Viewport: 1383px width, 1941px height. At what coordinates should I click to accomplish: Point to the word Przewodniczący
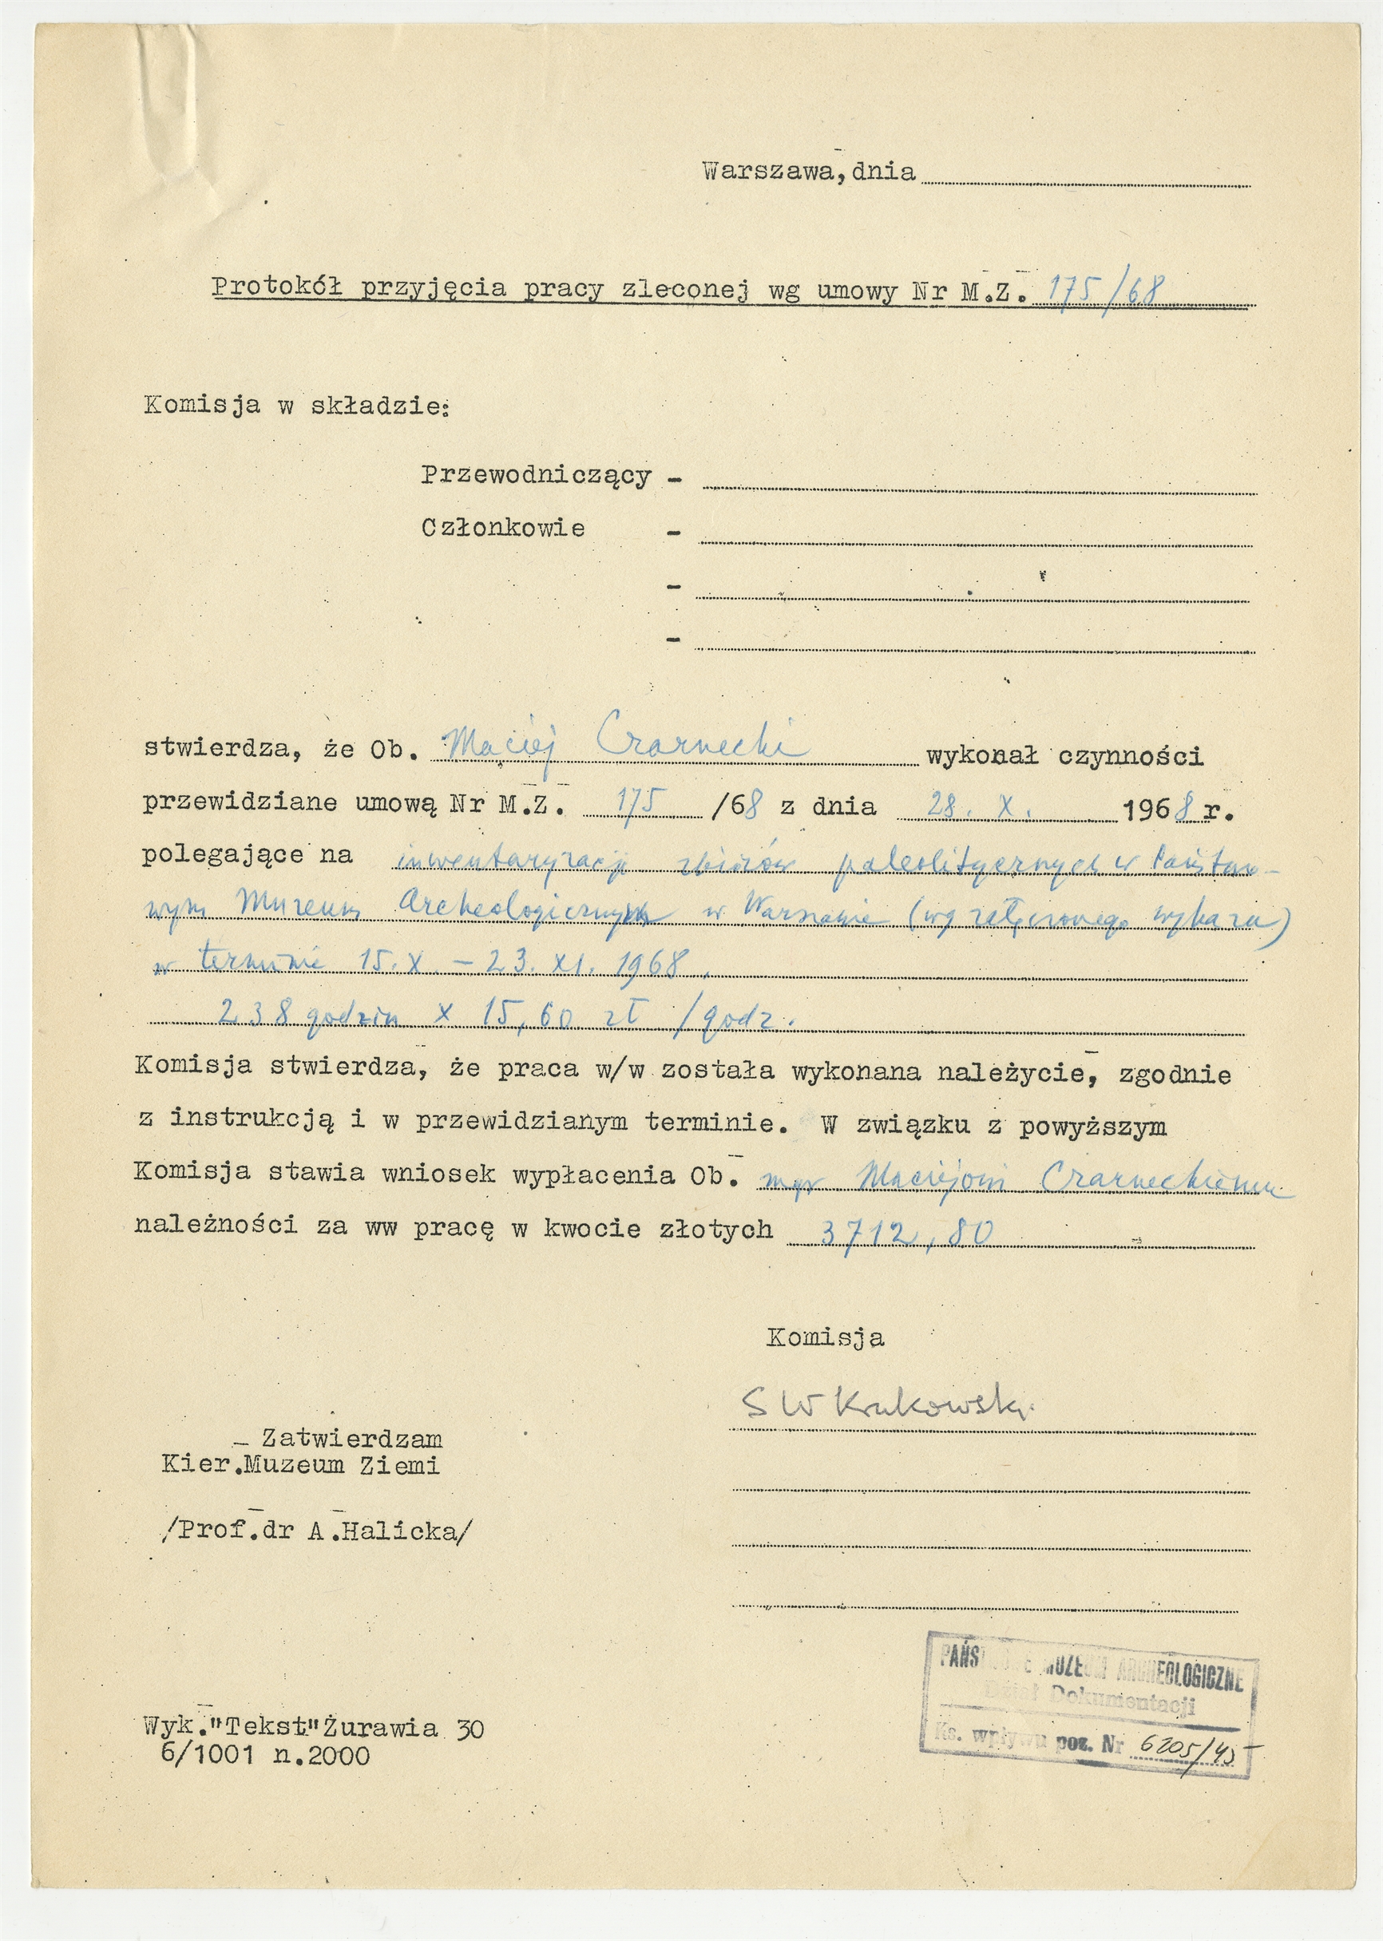click(536, 476)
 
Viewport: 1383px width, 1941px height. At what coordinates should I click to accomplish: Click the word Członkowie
click(502, 529)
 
